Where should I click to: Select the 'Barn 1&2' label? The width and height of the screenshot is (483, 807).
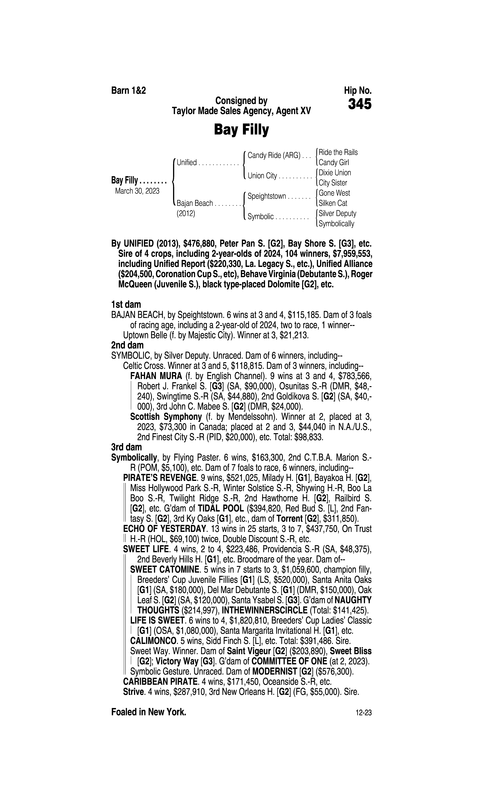129,91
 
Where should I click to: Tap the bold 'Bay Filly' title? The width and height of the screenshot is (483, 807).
241,130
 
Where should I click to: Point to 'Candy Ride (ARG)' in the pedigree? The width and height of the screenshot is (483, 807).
274,155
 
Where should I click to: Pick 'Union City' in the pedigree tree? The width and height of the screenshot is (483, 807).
262,176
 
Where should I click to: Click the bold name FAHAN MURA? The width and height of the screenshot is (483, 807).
156,376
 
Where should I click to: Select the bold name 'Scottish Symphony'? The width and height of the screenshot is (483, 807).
166,417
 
